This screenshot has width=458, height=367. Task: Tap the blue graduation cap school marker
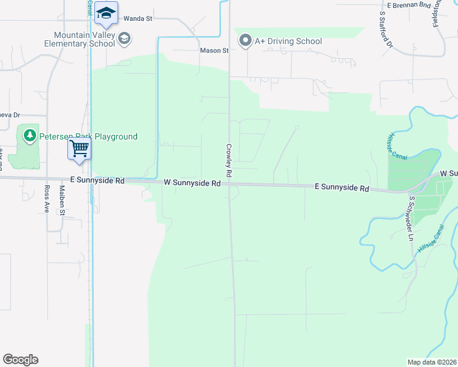pyautogui.click(x=106, y=14)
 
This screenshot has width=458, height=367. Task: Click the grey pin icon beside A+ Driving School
pyautogui.click(x=246, y=41)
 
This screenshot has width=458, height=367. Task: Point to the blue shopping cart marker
pyautogui.click(x=79, y=148)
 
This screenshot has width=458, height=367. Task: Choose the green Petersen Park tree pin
pyautogui.click(x=29, y=135)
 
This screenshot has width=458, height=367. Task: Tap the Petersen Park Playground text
pyautogui.click(x=89, y=137)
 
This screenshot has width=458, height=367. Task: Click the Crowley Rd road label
pyautogui.click(x=229, y=157)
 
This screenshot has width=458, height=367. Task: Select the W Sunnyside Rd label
pyautogui.click(x=192, y=183)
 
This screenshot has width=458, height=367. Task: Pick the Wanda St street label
pyautogui.click(x=138, y=19)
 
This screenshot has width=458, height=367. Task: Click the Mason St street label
pyautogui.click(x=214, y=51)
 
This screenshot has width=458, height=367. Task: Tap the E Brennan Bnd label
pyautogui.click(x=405, y=4)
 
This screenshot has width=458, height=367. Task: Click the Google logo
pyautogui.click(x=20, y=360)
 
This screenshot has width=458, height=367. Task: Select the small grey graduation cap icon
pyautogui.click(x=124, y=39)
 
